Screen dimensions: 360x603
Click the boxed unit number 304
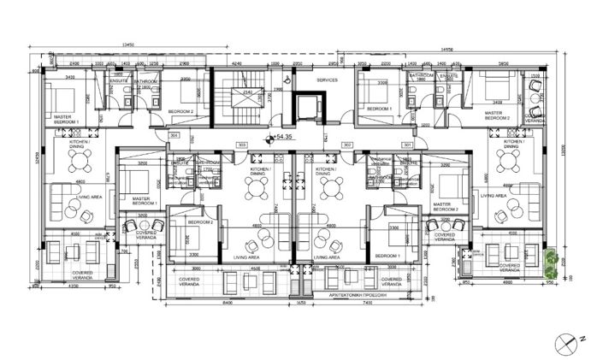click(x=174, y=135)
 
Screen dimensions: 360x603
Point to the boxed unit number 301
click(x=406, y=145)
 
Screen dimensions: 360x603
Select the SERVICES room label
click(x=327, y=80)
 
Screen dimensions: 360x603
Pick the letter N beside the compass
click(x=581, y=339)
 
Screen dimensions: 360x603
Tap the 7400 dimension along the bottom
click(x=366, y=303)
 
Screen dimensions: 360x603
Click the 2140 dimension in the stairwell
click(x=247, y=91)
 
